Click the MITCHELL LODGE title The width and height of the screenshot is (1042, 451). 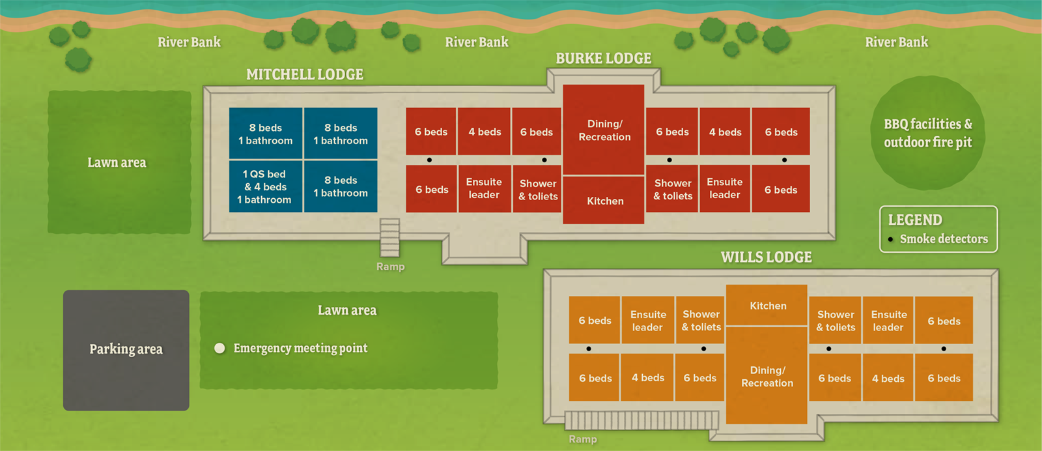pyautogui.click(x=305, y=74)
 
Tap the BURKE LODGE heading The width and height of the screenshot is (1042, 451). pyautogui.click(x=603, y=59)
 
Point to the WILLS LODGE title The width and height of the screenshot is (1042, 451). pyautogui.click(x=766, y=257)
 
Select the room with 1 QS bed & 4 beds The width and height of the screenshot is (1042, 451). pyautogui.click(x=265, y=186)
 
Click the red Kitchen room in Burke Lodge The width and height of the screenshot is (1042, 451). pyautogui.click(x=604, y=201)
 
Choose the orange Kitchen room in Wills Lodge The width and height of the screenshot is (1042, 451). pyautogui.click(x=767, y=305)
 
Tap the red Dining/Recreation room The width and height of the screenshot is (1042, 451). pyautogui.click(x=604, y=130)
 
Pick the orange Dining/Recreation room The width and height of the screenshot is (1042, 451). pyautogui.click(x=767, y=376)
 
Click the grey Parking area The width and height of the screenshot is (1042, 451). pyautogui.click(x=126, y=350)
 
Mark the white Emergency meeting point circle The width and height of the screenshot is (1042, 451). pyautogui.click(x=219, y=348)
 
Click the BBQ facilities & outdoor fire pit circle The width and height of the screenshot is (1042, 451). pyautogui.click(x=927, y=133)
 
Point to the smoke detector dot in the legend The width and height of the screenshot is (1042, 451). pyautogui.click(x=890, y=239)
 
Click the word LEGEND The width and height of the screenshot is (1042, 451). pyautogui.click(x=915, y=220)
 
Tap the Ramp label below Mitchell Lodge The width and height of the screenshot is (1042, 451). pyautogui.click(x=390, y=267)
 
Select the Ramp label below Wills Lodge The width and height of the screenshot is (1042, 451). pyautogui.click(x=582, y=439)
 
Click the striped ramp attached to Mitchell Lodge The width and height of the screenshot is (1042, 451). pyautogui.click(x=389, y=237)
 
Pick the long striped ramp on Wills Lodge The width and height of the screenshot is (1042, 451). pyautogui.click(x=641, y=420)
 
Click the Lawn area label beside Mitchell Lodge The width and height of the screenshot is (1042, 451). pyautogui.click(x=117, y=162)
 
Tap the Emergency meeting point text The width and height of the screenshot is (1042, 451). pyautogui.click(x=300, y=348)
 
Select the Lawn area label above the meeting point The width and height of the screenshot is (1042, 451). pyautogui.click(x=347, y=310)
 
